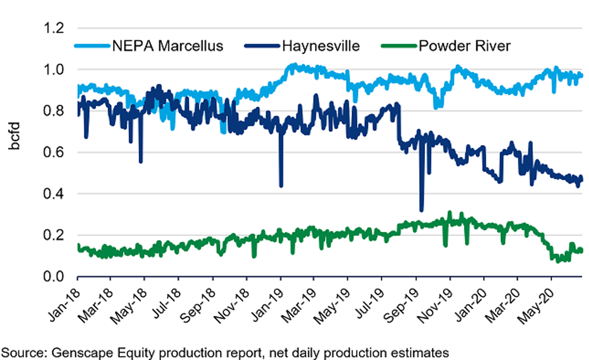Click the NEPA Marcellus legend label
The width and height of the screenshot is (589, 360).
click(168, 46)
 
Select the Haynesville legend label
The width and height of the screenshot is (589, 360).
click(321, 46)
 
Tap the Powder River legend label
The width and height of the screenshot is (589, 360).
click(465, 46)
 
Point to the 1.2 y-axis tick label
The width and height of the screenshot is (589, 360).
click(54, 28)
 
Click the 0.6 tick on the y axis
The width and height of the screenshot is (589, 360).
click(54, 152)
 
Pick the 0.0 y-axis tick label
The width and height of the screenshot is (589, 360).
click(54, 277)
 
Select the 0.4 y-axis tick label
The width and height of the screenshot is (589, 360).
click(54, 194)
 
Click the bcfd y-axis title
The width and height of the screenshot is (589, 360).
click(14, 136)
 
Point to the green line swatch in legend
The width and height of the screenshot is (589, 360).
click(399, 46)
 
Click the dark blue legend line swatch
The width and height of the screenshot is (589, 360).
click(262, 46)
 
